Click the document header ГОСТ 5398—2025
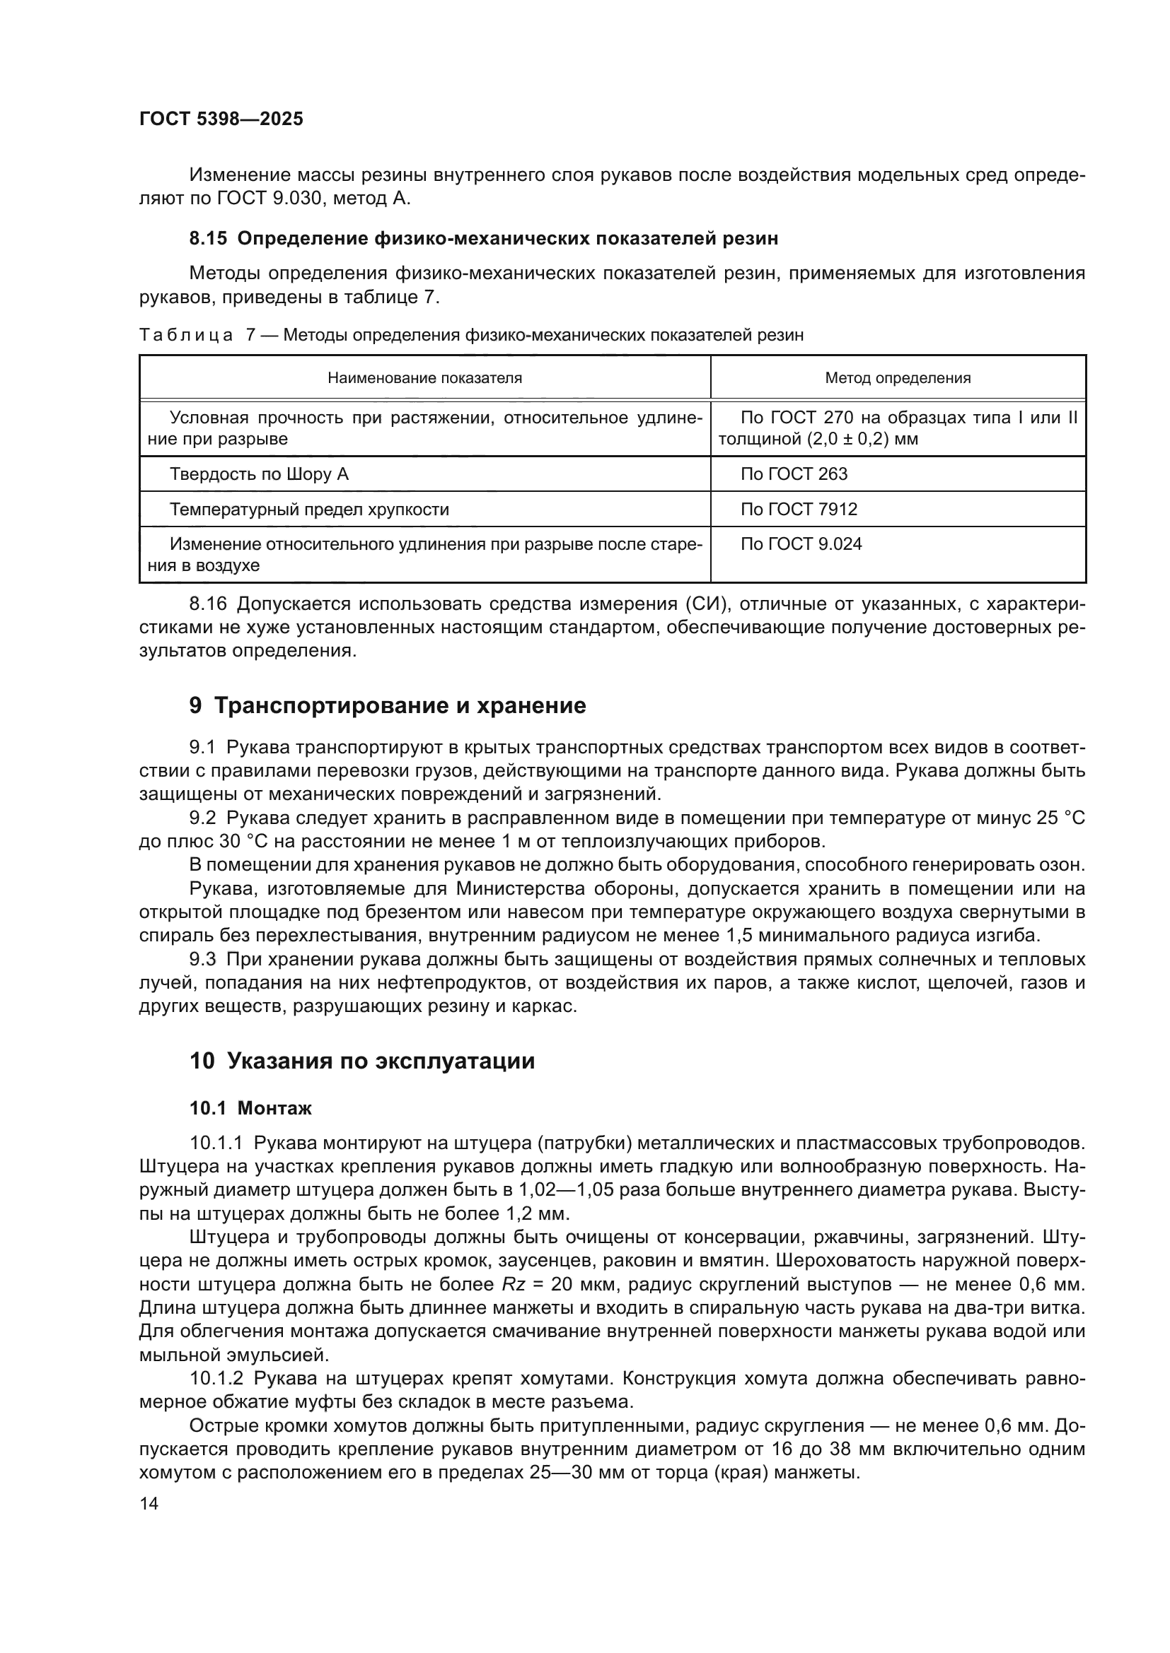[221, 119]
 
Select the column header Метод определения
[898, 378]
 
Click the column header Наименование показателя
[425, 378]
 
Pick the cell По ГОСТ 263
[794, 473]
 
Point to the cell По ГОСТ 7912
[799, 510]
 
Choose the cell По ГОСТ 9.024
[801, 544]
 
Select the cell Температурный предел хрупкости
[309, 510]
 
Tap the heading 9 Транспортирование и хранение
[388, 705]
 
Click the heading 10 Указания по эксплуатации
[361, 1061]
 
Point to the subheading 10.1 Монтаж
[250, 1108]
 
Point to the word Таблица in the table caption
[186, 336]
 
